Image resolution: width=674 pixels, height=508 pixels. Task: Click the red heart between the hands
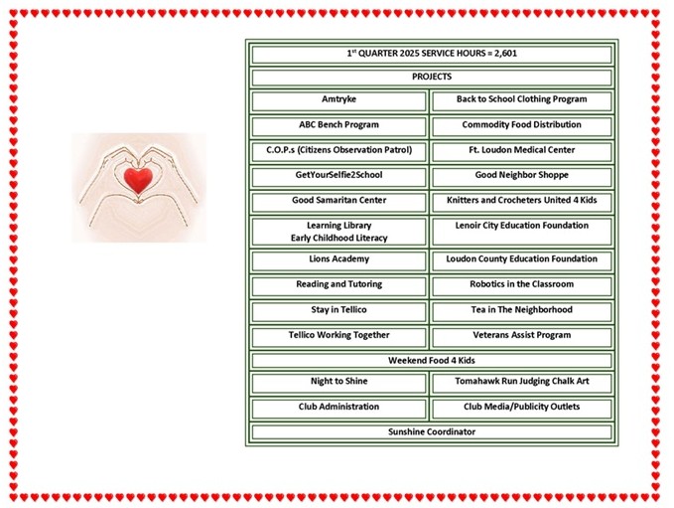[138, 180]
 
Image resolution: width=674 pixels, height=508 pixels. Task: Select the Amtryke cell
[338, 101]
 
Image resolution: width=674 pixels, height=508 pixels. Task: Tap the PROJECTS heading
[432, 77]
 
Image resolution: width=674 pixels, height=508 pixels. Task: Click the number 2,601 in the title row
[505, 54]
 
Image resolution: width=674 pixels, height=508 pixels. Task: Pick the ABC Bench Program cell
[338, 126]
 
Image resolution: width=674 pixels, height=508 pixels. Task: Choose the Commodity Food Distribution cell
[521, 126]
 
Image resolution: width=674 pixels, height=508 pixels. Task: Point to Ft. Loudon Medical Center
[521, 150]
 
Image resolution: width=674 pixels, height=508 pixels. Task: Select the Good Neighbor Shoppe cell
[521, 177]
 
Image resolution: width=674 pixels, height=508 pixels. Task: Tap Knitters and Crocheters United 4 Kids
[521, 200]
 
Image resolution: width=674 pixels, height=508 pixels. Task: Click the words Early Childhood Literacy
[338, 238]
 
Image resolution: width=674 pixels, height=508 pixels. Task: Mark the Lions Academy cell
[338, 260]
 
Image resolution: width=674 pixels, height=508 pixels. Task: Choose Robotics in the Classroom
[521, 284]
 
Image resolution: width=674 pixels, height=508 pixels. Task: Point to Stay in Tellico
[338, 309]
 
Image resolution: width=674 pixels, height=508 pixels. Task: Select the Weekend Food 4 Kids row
[432, 360]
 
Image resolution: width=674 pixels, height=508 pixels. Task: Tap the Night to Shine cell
[338, 383]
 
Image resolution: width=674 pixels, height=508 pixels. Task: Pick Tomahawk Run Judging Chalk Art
[521, 381]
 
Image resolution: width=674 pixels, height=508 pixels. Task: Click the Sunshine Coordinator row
[432, 431]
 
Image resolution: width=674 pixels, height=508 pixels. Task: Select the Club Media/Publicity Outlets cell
[521, 409]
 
